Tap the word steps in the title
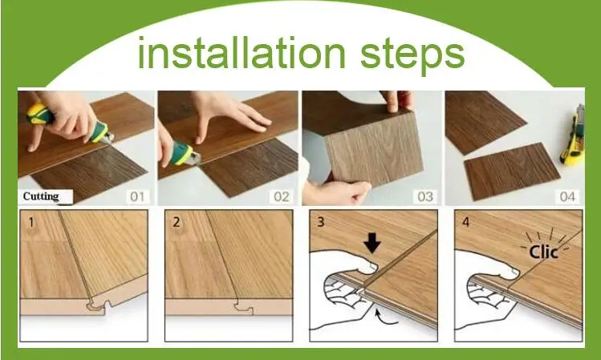point(412,56)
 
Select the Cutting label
point(41,196)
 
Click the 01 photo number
point(137,197)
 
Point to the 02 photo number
point(281,197)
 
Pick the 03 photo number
point(425,197)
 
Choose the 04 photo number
point(567,197)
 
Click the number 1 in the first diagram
point(31,222)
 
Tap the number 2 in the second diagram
point(177,222)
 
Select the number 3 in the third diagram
point(321,222)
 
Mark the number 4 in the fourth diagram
point(465,222)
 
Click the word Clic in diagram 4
point(543,252)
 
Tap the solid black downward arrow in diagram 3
point(372,242)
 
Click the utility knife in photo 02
point(183,153)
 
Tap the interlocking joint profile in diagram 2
point(244,309)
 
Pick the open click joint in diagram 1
point(99,305)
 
